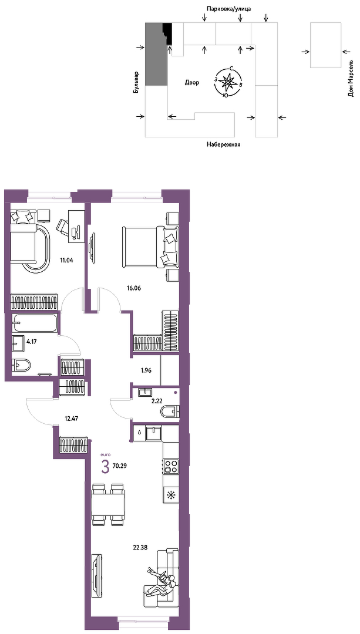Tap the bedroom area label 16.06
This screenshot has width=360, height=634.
tap(134, 288)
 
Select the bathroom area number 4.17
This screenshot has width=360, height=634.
tap(33, 341)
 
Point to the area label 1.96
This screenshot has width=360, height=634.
tap(146, 370)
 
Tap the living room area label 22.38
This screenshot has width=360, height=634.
tap(140, 548)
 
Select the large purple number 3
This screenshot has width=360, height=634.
tap(105, 468)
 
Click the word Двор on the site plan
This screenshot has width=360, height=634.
tap(192, 83)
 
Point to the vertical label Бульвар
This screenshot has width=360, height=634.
tap(137, 83)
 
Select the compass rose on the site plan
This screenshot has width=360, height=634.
tap(228, 81)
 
